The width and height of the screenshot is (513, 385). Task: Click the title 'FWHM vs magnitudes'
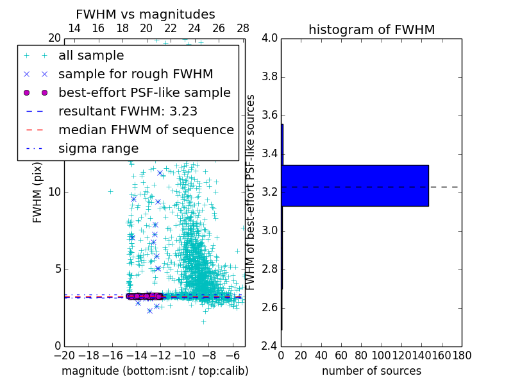[x=145, y=14]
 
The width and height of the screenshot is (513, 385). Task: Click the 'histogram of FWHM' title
[x=371, y=30]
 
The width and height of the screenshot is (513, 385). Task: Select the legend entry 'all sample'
[x=91, y=56]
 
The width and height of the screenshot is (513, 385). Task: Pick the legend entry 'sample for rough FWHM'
[x=135, y=74]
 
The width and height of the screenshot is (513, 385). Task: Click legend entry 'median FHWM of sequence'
[x=146, y=130]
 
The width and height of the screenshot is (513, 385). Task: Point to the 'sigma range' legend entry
[x=98, y=148]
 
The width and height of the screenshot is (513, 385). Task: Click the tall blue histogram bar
[x=355, y=185]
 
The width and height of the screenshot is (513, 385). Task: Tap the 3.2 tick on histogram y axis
[x=269, y=193]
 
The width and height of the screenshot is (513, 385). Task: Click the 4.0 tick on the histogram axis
[x=269, y=38]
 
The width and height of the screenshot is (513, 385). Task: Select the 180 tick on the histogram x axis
[x=462, y=355]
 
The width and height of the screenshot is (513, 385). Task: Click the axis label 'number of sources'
[x=371, y=371]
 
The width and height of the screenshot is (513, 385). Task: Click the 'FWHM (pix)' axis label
[x=38, y=193]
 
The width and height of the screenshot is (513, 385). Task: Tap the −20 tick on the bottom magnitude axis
[x=64, y=355]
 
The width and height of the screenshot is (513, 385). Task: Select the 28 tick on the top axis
[x=243, y=29]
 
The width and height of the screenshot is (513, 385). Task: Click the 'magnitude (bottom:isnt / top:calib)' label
[x=155, y=371]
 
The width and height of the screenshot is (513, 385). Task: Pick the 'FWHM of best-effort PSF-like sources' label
[x=251, y=193]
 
